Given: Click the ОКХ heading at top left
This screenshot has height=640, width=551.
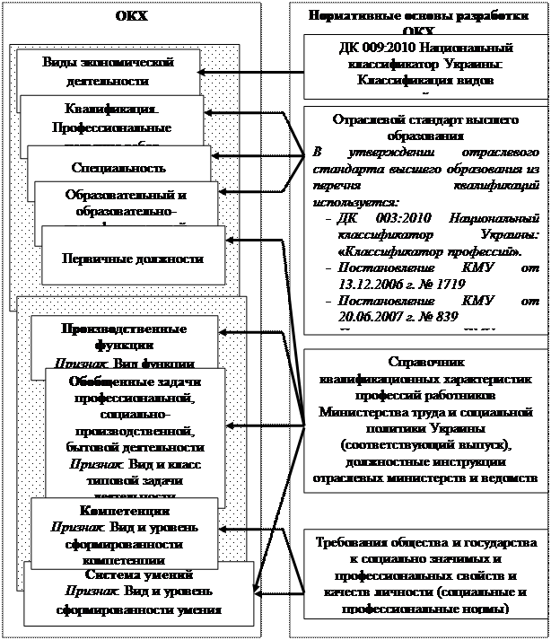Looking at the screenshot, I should point(132,16).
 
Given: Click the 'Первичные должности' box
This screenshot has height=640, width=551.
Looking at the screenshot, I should point(132,259).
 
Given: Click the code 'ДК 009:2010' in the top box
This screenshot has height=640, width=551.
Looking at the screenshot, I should point(377,48).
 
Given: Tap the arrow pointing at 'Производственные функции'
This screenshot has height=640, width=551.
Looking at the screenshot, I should point(235,333).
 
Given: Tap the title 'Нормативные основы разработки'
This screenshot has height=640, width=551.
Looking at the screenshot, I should point(420,16).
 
